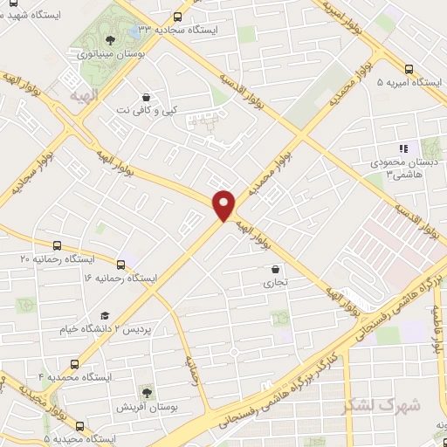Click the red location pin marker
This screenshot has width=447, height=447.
click(224, 204)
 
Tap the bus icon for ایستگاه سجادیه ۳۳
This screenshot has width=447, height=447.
click(178, 17)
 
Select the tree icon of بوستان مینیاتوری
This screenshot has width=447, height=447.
click(109, 39)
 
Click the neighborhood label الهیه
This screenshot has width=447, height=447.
click(71, 89)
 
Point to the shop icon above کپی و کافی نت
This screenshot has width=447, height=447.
click(145, 97)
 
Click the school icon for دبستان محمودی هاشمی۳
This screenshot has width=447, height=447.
click(402, 149)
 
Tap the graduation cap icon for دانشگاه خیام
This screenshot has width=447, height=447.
click(105, 316)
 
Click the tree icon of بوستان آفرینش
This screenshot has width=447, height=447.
click(146, 393)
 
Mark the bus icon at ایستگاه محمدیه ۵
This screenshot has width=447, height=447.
click(80, 426)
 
